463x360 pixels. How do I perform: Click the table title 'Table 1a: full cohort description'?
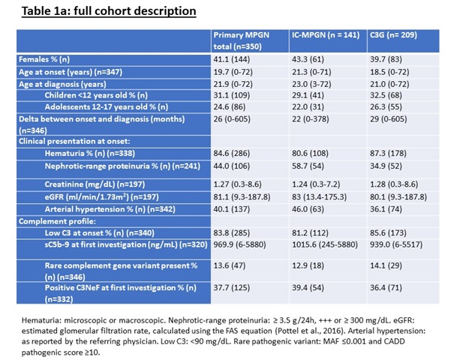[x=109, y=11]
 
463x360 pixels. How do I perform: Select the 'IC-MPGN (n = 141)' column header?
[x=326, y=35]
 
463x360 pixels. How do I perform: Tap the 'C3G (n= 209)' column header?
[x=394, y=35]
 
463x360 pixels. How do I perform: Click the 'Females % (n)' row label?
[x=44, y=59]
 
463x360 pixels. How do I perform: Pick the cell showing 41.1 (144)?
[x=231, y=59]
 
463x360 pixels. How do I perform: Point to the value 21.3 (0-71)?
[x=311, y=72]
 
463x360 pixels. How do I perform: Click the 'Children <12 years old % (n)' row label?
[x=96, y=95]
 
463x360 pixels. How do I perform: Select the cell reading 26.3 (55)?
[x=386, y=106]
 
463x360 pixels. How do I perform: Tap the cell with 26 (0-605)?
[x=232, y=119]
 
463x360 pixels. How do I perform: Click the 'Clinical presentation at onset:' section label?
[x=74, y=141]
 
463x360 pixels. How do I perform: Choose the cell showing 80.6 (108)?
[x=310, y=154]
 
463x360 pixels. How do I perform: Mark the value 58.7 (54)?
[x=308, y=166]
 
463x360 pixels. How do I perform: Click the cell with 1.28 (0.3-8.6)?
[x=394, y=184]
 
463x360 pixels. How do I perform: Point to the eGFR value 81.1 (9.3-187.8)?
[x=242, y=196]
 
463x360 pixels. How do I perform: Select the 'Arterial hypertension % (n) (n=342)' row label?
[x=110, y=209]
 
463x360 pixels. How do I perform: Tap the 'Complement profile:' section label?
[x=57, y=221]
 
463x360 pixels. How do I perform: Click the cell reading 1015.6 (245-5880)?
[x=325, y=244]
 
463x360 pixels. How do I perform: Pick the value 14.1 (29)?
[x=386, y=265]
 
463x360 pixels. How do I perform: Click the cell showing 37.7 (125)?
[x=231, y=288]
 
